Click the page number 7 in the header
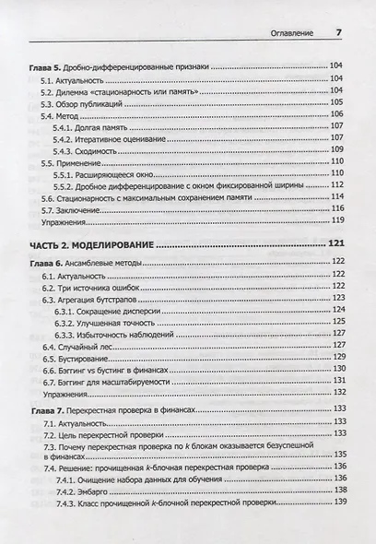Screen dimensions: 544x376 [338, 33]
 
